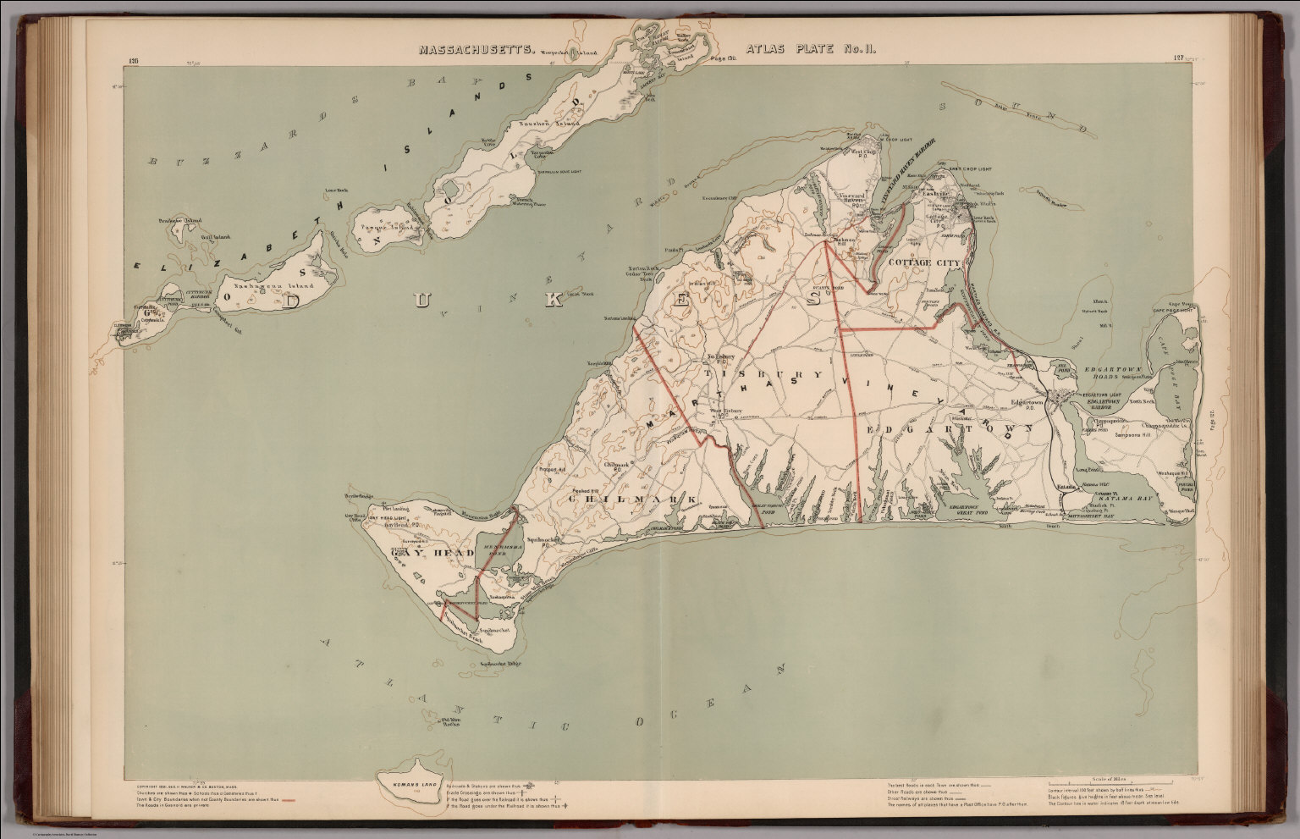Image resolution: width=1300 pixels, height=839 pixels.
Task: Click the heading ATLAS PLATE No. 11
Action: coord(809,50)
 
